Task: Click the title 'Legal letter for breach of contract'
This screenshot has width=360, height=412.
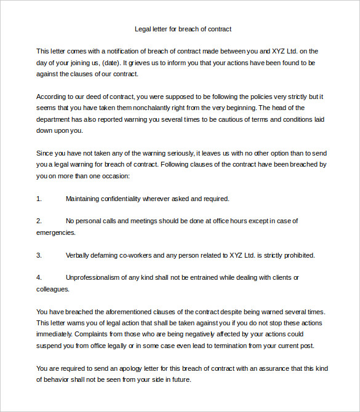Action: point(183,29)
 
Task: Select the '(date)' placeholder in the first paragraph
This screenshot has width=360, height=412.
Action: point(109,63)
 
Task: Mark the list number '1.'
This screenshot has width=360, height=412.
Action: point(39,199)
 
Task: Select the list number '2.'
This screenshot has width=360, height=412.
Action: point(39,221)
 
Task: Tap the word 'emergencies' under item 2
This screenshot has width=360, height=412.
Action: point(55,232)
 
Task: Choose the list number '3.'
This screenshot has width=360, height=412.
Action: point(39,255)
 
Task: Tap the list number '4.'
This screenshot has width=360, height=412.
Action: point(39,277)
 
